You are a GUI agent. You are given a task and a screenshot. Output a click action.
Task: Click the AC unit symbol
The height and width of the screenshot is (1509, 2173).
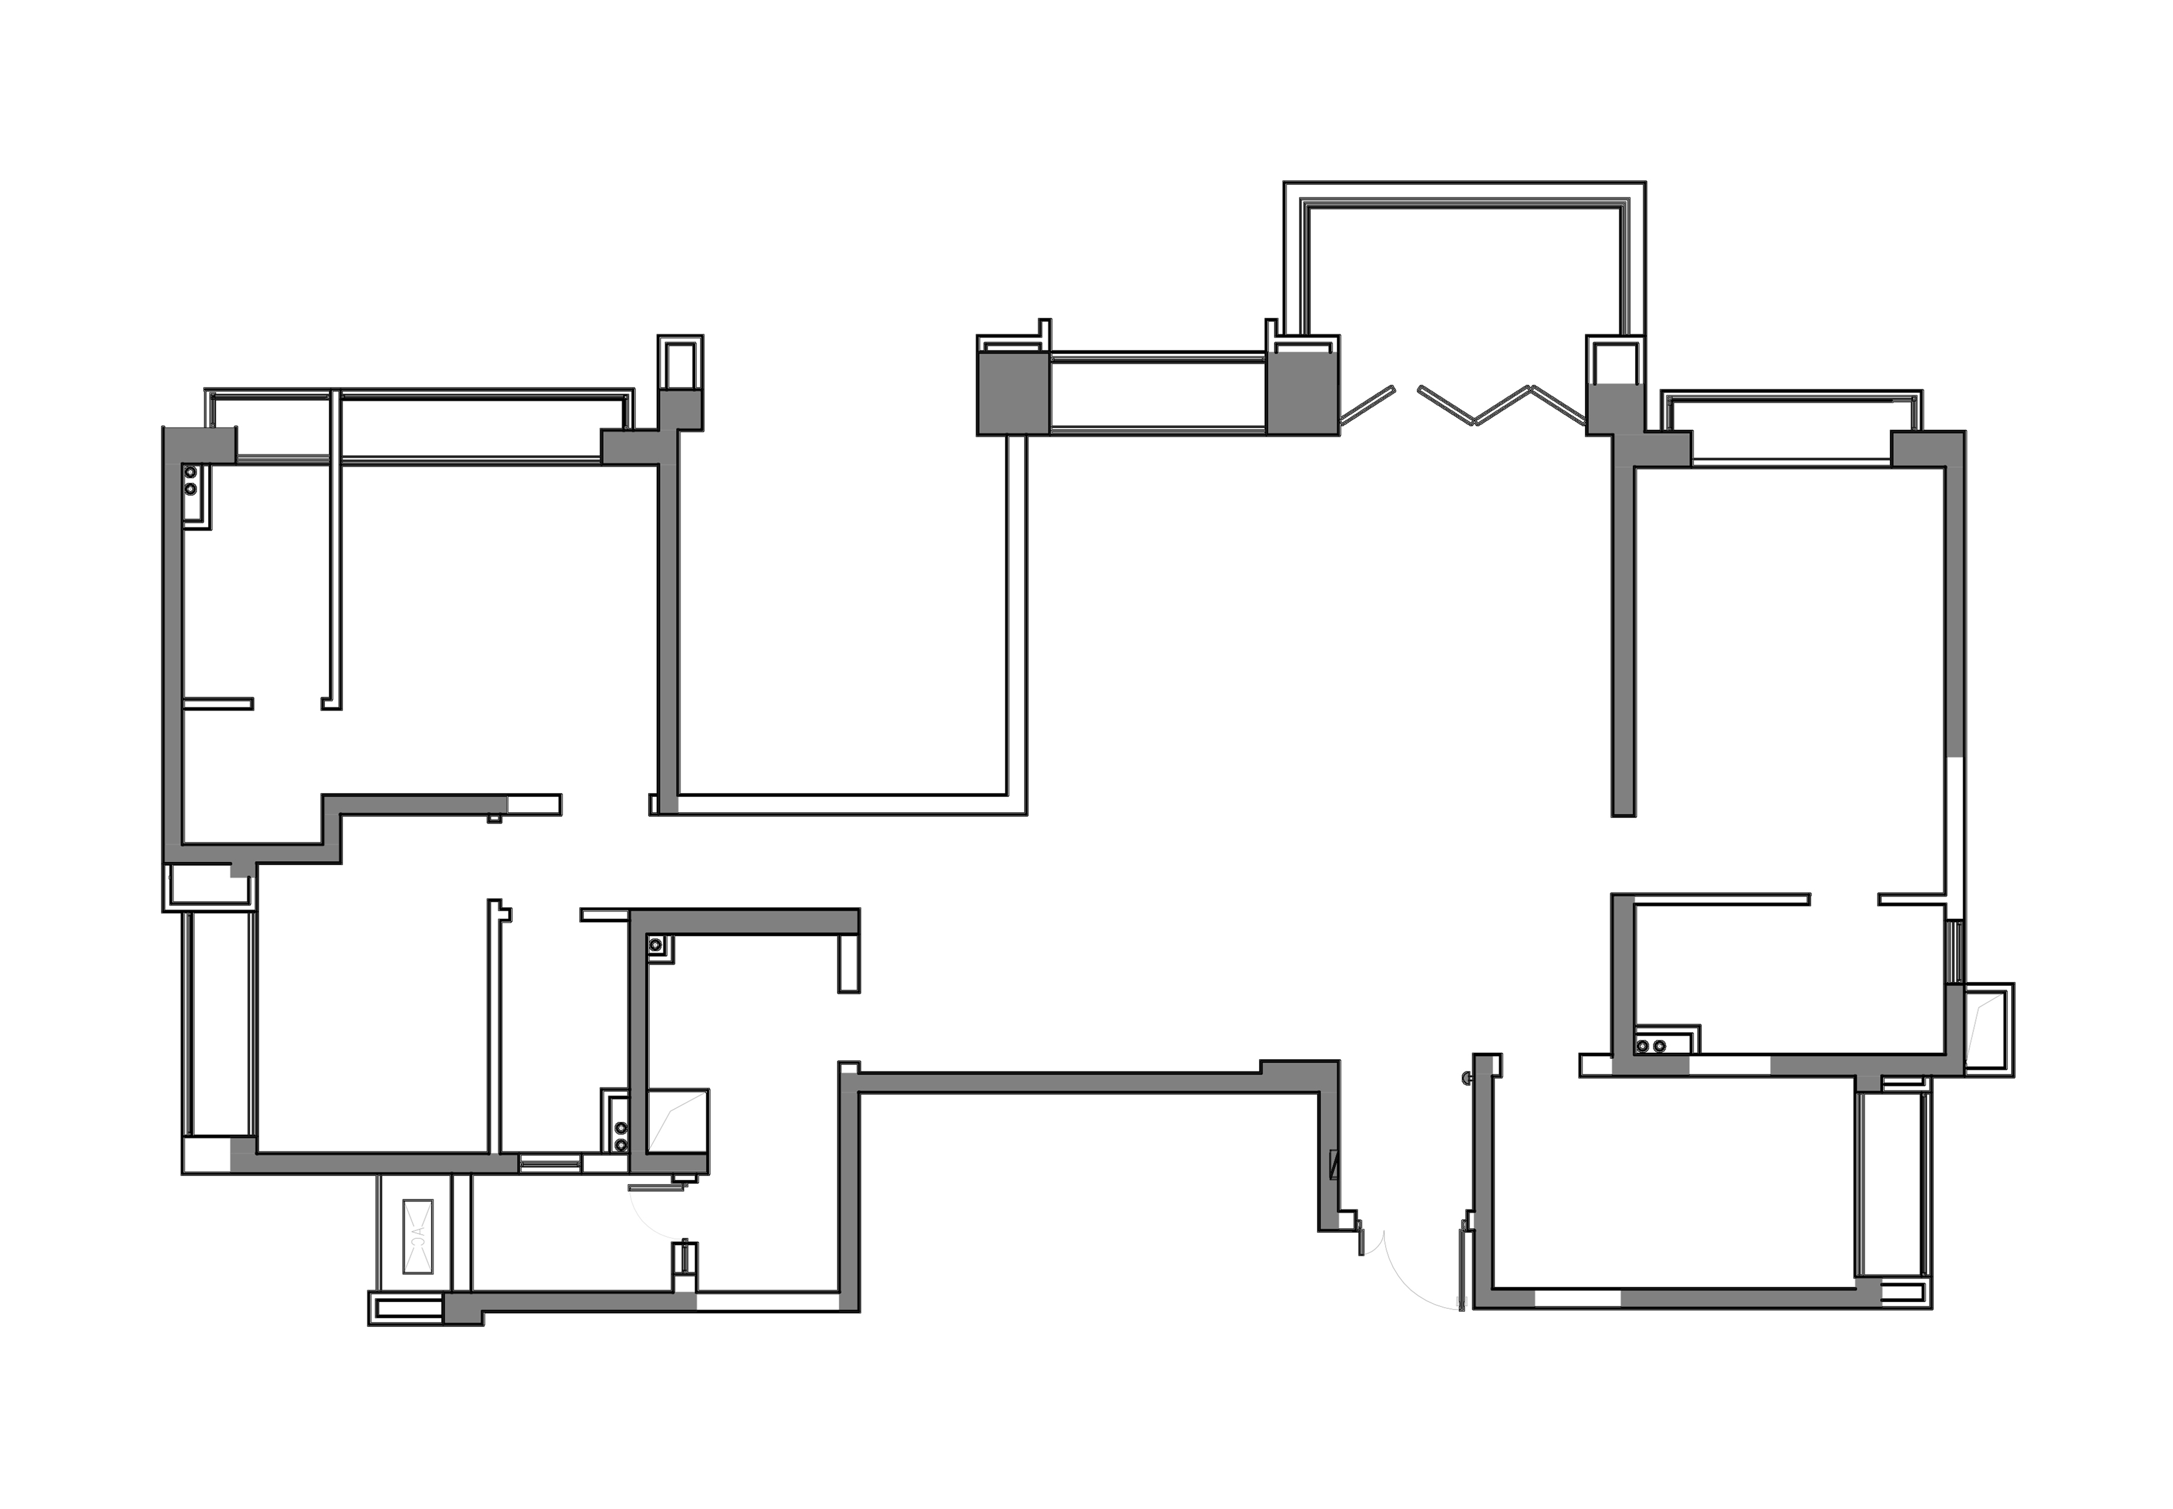417,1236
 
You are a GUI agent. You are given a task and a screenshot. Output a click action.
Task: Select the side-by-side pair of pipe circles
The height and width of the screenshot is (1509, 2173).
1651,1046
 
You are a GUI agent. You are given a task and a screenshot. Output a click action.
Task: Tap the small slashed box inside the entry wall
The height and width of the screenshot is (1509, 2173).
1333,1165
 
